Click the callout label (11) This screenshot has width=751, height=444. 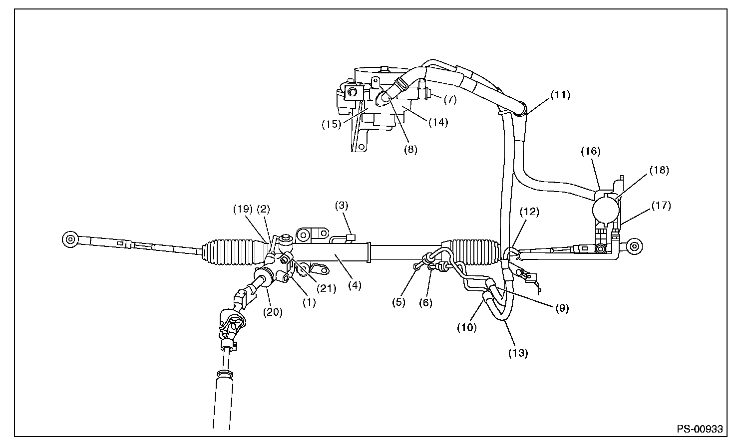560,94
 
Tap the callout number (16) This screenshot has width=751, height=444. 591,150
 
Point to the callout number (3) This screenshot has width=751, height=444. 342,205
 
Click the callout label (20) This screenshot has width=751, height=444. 274,312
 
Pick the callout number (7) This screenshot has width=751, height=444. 449,100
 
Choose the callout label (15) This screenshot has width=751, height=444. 331,124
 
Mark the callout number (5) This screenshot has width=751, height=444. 398,302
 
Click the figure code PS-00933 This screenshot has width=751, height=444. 700,429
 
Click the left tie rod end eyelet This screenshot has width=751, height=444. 69,239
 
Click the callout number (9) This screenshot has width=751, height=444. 561,308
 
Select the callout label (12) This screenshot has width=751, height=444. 530,212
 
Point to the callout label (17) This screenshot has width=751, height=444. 661,205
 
